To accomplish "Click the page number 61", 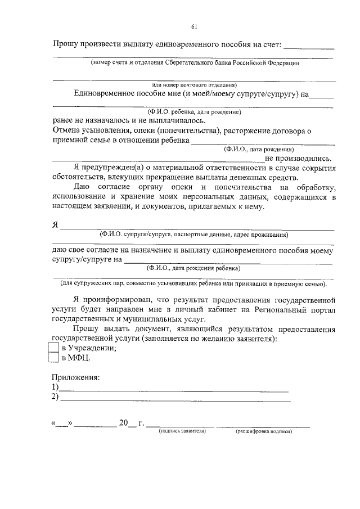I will point(194,27).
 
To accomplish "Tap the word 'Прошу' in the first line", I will point(66,44).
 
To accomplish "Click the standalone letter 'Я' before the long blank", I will point(55,226).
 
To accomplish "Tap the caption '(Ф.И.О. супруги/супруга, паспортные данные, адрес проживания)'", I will point(194,234).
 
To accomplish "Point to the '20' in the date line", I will point(124,423).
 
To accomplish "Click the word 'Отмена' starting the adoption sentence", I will point(66,130).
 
